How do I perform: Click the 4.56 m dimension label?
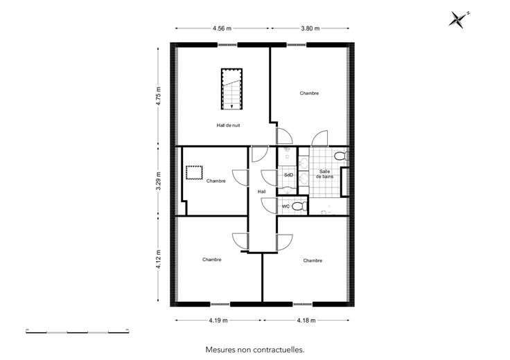tap(222, 28)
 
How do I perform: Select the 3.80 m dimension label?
tap(310, 28)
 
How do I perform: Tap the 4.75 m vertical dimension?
tap(159, 96)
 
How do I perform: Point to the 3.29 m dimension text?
tap(159, 181)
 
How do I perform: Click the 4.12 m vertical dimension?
tap(159, 259)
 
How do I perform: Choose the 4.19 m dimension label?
tap(218, 320)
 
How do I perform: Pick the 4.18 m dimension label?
tap(306, 320)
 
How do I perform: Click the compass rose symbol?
tap(459, 19)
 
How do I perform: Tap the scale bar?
tap(78, 331)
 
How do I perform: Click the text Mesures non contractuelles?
tap(255, 350)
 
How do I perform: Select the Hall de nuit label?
tap(229, 125)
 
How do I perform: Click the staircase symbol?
tap(231, 89)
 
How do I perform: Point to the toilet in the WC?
tap(299, 206)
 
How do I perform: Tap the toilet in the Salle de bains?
tap(341, 156)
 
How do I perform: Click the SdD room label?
tap(288, 174)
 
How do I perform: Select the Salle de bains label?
tap(324, 174)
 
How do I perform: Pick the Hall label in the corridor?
tap(262, 191)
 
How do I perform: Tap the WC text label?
tap(285, 206)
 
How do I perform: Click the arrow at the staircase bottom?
tap(231, 106)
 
